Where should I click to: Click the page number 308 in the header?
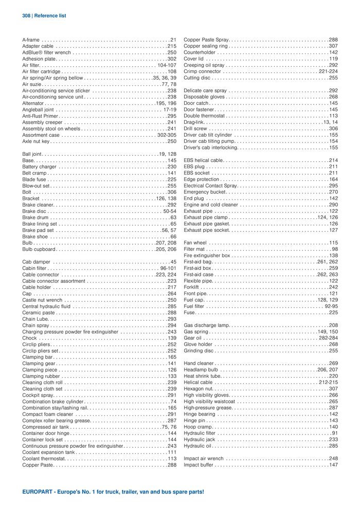(x=27, y=16)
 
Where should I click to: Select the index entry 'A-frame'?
(x=31, y=40)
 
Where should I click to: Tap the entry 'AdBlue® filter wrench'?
(x=47, y=52)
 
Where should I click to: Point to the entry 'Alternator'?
(x=34, y=103)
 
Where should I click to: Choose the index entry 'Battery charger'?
(x=40, y=167)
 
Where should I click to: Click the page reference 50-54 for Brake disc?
(x=170, y=211)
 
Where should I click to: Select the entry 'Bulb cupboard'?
(x=39, y=249)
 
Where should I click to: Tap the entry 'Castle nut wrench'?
(x=42, y=300)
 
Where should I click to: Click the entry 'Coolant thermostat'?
(x=43, y=459)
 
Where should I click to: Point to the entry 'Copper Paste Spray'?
(x=206, y=40)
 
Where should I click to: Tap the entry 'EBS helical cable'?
(x=203, y=160)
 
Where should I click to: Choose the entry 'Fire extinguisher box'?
(x=207, y=256)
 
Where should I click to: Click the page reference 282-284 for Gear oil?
(x=328, y=338)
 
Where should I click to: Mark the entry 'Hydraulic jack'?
(x=199, y=440)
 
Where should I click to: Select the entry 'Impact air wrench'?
(x=204, y=459)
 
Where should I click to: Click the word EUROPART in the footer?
(x=39, y=492)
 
